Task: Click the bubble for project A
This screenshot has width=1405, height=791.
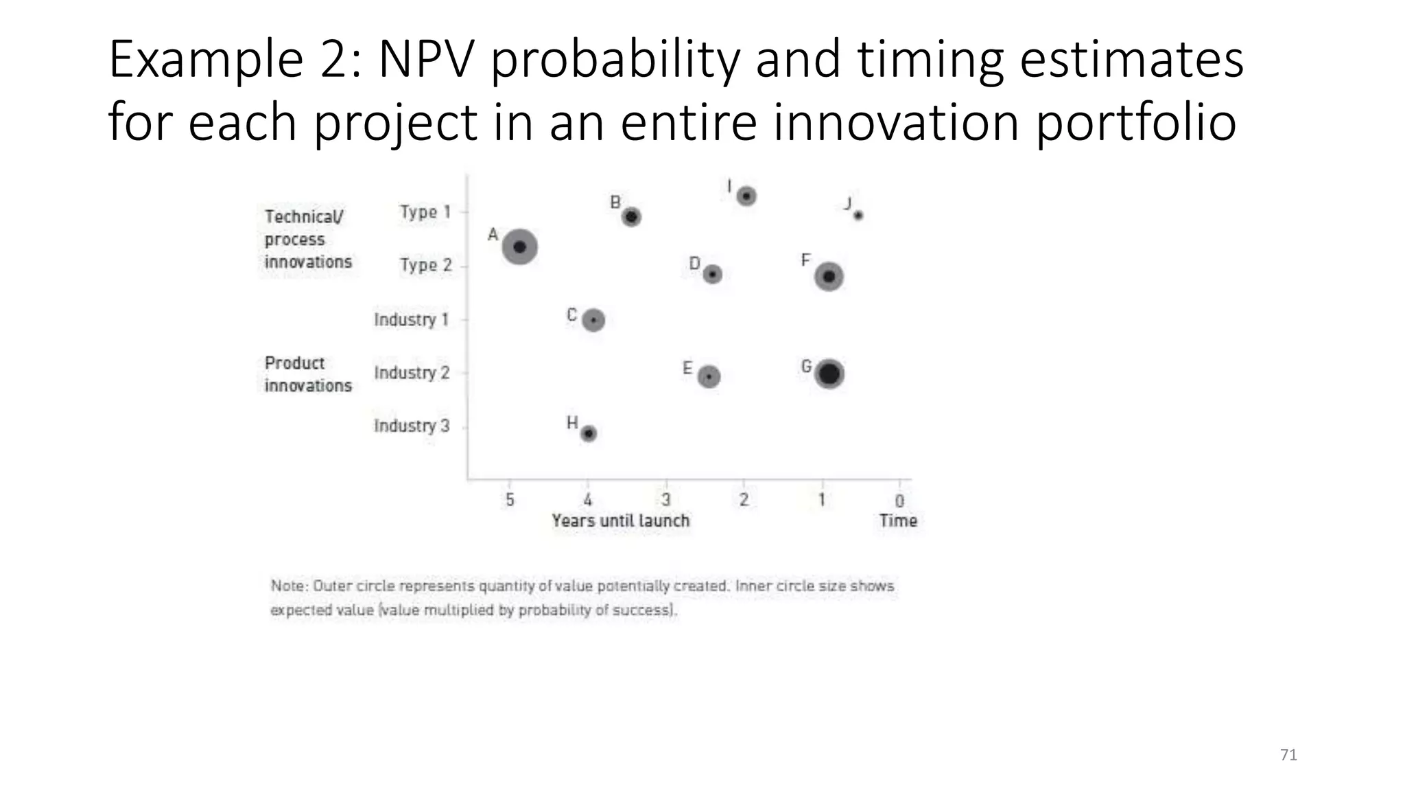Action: click(x=519, y=247)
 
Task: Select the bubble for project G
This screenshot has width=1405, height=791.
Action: click(x=829, y=374)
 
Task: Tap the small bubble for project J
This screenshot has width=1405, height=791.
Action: click(x=858, y=215)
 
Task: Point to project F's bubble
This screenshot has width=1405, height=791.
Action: click(x=829, y=276)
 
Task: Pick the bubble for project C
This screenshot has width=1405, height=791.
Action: click(x=593, y=320)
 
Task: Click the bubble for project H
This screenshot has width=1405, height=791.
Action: click(x=589, y=433)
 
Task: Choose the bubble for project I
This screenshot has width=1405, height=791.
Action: click(x=746, y=196)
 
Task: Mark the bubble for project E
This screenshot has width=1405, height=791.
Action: click(x=709, y=376)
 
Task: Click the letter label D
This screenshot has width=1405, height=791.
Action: click(x=694, y=264)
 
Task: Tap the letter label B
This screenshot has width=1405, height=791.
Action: click(x=615, y=203)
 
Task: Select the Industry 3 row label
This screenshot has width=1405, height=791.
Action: click(x=412, y=426)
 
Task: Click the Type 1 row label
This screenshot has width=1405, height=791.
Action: click(x=425, y=212)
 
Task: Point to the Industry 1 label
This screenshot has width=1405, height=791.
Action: click(x=411, y=319)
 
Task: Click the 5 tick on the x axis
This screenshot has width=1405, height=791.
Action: click(x=510, y=500)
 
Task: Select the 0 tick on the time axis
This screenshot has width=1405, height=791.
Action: click(x=899, y=501)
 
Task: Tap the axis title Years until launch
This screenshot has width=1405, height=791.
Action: click(x=620, y=520)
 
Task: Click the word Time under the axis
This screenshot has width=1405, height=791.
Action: click(x=898, y=520)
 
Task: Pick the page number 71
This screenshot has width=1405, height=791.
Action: click(x=1288, y=755)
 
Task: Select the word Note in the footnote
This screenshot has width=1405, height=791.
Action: click(x=288, y=586)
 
